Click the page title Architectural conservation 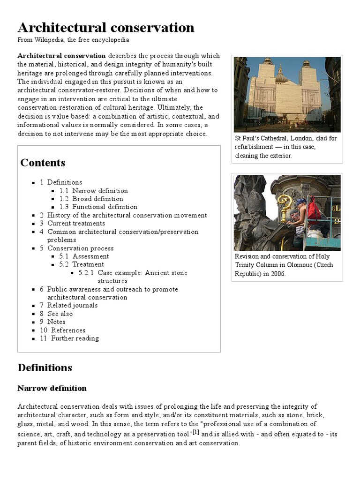coord(106,28)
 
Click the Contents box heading coord(43,163)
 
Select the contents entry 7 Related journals coord(72,306)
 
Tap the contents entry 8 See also coord(60,314)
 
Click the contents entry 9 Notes coord(56,322)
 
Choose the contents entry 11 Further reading coord(75,338)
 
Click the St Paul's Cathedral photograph coord(287,94)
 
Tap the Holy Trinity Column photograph coord(287,213)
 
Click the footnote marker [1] coord(196,433)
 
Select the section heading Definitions coord(45,367)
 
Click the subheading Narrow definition coord(52,388)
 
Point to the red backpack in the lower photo coord(315,207)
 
